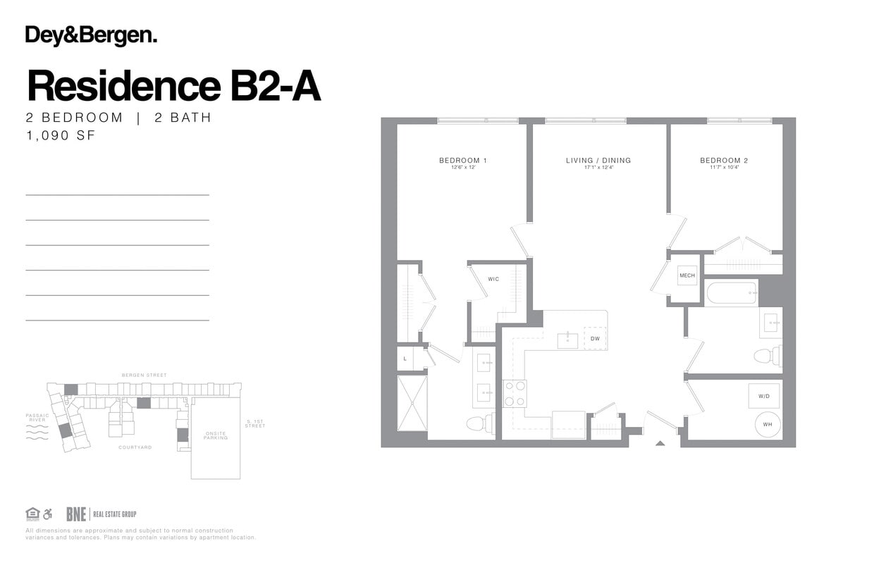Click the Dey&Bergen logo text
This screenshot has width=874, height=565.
91,36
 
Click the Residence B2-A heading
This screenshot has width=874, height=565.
173,86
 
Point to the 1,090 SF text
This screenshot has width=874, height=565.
61,136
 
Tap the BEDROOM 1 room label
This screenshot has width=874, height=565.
463,161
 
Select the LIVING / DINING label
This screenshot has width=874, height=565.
598,161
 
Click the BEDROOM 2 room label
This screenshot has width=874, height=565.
724,161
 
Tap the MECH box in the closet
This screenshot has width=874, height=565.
687,275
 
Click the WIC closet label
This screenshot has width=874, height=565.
493,280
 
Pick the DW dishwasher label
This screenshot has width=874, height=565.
595,339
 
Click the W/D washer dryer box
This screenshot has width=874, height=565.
764,397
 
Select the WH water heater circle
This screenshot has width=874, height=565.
767,425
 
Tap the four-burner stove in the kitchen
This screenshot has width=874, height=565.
515,393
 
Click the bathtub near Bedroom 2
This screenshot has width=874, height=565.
732,292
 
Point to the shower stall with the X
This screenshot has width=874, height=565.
412,403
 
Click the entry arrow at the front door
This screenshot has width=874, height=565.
660,443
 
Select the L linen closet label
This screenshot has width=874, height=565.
405,359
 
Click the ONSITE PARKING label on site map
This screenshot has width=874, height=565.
215,435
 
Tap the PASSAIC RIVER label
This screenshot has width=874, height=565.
37,418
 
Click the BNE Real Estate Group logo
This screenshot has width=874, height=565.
101,514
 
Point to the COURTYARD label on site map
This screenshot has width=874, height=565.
135,447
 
